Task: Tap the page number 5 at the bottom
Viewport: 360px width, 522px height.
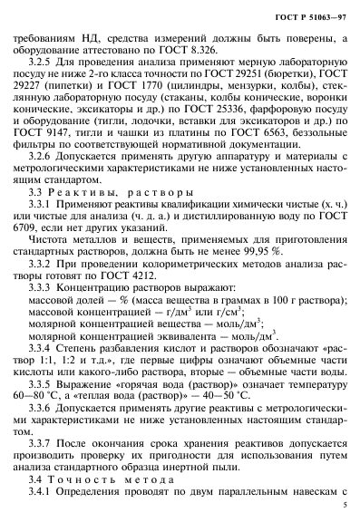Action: tap(345, 509)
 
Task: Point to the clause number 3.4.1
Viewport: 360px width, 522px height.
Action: tap(43, 508)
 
